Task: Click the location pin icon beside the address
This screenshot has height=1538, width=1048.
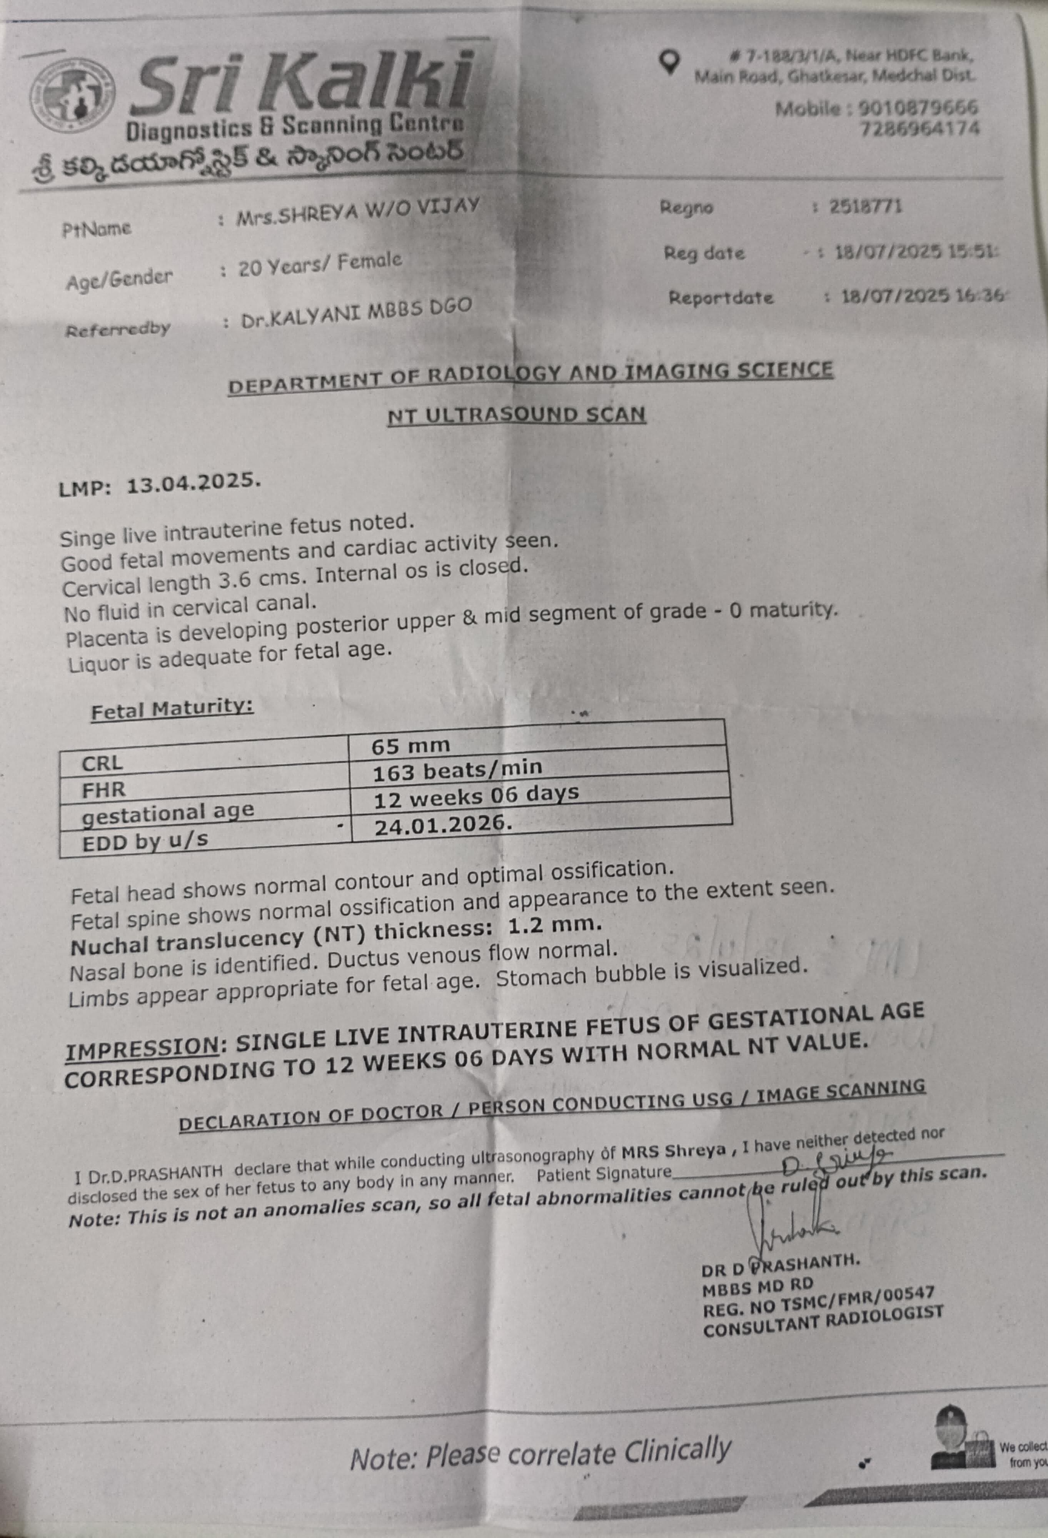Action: tap(670, 62)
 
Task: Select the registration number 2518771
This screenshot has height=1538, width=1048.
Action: tap(865, 206)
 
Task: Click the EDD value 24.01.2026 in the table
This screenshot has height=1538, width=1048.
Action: tap(443, 824)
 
